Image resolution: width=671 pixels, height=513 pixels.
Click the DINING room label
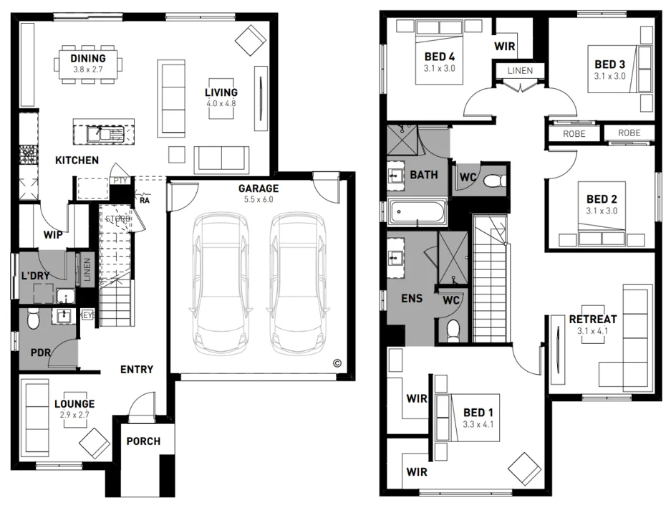88,58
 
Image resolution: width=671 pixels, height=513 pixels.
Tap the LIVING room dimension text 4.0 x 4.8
221,103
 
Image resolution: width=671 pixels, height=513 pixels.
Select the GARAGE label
259,188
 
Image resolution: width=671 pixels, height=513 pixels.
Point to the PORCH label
143,441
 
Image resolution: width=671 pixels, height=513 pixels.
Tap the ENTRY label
136,370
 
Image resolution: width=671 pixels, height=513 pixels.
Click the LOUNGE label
74,404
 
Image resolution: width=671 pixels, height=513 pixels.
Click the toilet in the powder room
33,323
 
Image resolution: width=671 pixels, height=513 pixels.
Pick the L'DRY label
34,276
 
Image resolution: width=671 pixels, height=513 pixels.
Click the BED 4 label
439,57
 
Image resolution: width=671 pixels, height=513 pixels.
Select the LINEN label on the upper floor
520,71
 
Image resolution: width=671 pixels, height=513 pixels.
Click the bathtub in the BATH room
417,213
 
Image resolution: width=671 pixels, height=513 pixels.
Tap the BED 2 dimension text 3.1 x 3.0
601,211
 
